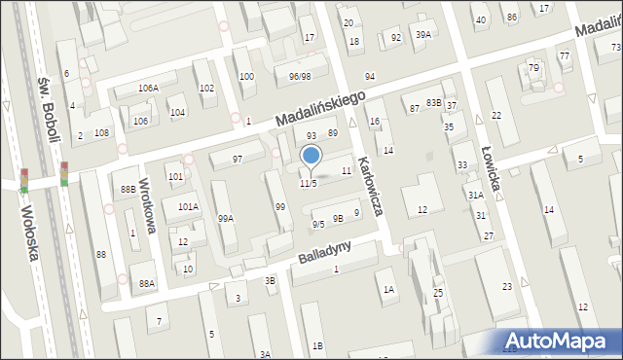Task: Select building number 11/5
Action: click(x=308, y=184)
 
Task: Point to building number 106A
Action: click(x=148, y=89)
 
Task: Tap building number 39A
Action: click(x=422, y=35)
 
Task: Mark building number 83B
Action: click(x=433, y=103)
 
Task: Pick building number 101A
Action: click(x=188, y=207)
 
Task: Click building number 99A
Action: click(x=226, y=218)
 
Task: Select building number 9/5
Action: click(x=318, y=225)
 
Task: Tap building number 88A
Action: click(x=147, y=283)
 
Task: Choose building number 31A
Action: click(x=475, y=196)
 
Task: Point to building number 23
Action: click(x=507, y=286)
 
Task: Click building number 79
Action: click(x=533, y=68)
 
